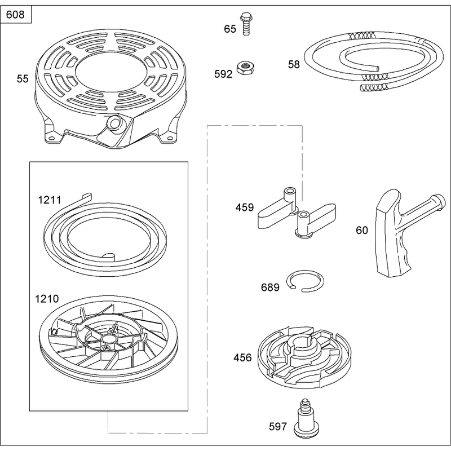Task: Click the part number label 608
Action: [15, 15]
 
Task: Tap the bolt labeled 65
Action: [246, 24]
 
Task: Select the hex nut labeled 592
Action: [245, 68]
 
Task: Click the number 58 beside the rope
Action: [294, 64]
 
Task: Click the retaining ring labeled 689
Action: [306, 281]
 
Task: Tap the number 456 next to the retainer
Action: [242, 357]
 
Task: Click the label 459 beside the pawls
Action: [245, 207]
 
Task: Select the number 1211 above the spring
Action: [50, 200]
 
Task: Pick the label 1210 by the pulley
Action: [47, 299]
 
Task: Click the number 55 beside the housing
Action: [23, 79]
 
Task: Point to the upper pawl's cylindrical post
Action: [289, 197]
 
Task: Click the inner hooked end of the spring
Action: [109, 255]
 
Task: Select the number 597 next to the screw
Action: [278, 427]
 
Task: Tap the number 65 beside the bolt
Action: [230, 29]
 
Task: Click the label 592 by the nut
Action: [223, 74]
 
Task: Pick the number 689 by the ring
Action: [270, 288]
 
